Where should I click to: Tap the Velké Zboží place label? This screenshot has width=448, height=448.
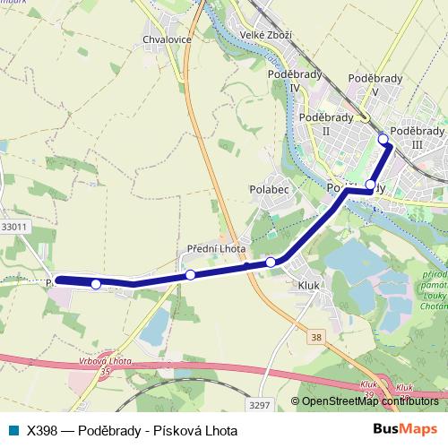(x=257, y=35)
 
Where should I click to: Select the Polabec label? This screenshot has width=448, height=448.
(x=267, y=190)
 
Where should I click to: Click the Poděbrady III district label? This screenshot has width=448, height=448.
(x=418, y=136)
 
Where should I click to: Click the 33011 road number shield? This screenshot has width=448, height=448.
(x=14, y=227)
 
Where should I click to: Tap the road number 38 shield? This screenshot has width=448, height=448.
(x=316, y=337)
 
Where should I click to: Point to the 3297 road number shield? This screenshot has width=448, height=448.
(x=259, y=405)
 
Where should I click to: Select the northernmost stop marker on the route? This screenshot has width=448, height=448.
(x=383, y=138)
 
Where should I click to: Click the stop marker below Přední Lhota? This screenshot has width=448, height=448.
(x=190, y=274)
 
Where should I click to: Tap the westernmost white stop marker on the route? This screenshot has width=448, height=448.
(x=96, y=284)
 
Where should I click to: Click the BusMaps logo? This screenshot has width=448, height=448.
(x=405, y=430)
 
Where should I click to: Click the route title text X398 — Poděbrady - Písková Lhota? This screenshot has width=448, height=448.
(x=132, y=430)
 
